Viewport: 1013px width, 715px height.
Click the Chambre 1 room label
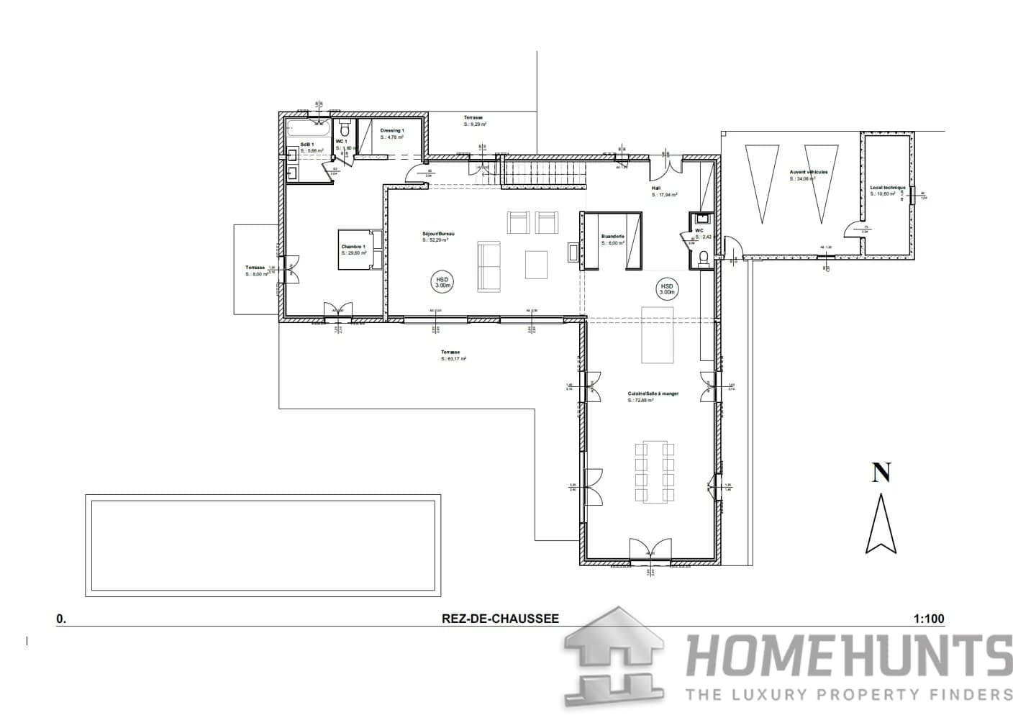[353, 247]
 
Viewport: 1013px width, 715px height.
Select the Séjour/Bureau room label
[437, 234]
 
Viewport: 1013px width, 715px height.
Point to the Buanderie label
[612, 236]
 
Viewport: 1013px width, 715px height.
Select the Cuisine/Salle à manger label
[643, 394]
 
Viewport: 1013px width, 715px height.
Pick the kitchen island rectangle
[658, 334]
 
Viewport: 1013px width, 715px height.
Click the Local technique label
[887, 188]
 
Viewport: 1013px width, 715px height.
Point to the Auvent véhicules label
[808, 173]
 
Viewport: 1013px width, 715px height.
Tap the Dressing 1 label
[392, 131]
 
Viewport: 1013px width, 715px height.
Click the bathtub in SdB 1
[309, 130]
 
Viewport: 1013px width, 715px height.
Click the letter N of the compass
[881, 473]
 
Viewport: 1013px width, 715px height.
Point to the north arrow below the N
[881, 524]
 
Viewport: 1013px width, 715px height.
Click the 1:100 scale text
[928, 619]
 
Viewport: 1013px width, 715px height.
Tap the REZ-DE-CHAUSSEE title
[500, 619]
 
